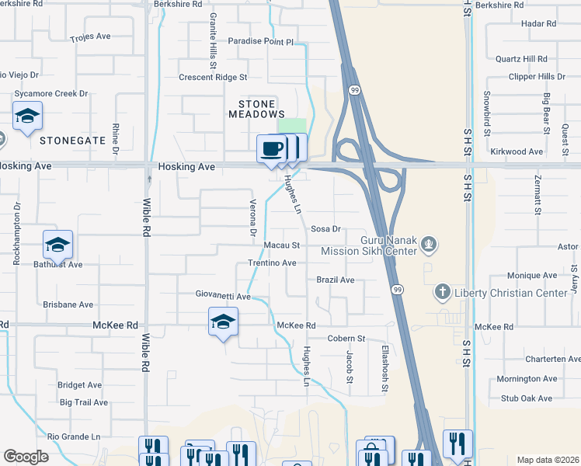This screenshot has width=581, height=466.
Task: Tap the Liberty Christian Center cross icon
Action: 442,292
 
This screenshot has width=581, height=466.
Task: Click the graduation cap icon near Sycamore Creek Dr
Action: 28,116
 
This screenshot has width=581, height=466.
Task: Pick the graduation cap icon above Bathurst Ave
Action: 57,245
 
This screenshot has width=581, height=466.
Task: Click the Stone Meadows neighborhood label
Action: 252,109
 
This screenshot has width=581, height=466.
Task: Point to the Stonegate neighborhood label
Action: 72,141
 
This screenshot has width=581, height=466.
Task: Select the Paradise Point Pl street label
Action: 261,41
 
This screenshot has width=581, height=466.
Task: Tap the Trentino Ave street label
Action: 272,263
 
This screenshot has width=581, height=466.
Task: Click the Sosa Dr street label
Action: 326,229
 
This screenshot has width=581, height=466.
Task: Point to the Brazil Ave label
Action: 336,280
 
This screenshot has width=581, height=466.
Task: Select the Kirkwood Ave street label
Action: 520,151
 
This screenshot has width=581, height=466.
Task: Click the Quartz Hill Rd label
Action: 521,58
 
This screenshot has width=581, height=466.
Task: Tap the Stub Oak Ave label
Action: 527,398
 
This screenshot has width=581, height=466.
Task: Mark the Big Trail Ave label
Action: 84,402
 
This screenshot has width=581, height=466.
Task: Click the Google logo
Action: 26,457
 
